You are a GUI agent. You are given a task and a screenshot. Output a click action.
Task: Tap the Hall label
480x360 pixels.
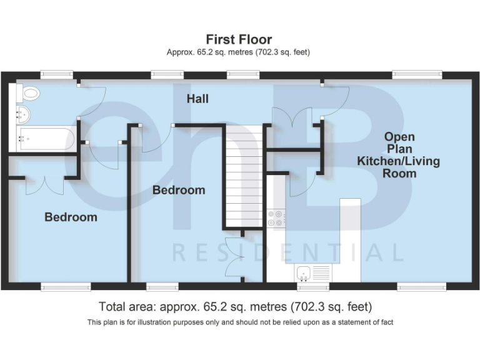(x=197, y=99)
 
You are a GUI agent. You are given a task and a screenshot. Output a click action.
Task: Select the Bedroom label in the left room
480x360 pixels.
(x=71, y=217)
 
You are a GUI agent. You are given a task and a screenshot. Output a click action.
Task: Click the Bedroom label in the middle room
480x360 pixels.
(x=179, y=190)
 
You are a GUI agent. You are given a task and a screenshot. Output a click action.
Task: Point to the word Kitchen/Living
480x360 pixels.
(x=398, y=161)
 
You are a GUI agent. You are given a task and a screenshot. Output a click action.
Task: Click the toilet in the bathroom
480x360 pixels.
(x=28, y=94)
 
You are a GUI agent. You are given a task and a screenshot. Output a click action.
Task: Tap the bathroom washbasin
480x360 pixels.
(x=23, y=114)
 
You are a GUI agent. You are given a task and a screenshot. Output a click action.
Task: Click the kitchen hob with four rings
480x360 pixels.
(x=276, y=217)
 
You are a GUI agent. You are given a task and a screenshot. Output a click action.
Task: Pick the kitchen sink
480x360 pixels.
(x=312, y=272)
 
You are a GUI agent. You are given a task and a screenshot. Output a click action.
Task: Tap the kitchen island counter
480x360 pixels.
(x=350, y=237)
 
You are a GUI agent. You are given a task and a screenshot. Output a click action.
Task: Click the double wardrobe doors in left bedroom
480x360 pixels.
(x=44, y=185)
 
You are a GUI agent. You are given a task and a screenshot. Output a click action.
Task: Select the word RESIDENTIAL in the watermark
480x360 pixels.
(x=287, y=252)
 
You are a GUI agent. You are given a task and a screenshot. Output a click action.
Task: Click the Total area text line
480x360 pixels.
(x=235, y=307)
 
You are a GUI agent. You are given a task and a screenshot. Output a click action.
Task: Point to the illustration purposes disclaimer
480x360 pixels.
(x=240, y=322)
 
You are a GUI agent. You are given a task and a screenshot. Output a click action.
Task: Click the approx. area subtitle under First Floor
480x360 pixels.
(x=238, y=52)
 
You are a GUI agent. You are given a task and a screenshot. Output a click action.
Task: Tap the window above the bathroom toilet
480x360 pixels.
(x=57, y=74)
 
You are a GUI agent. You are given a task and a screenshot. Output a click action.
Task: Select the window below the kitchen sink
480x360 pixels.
(x=312, y=287)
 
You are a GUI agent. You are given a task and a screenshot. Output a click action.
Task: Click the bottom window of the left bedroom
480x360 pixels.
(x=66, y=287)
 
